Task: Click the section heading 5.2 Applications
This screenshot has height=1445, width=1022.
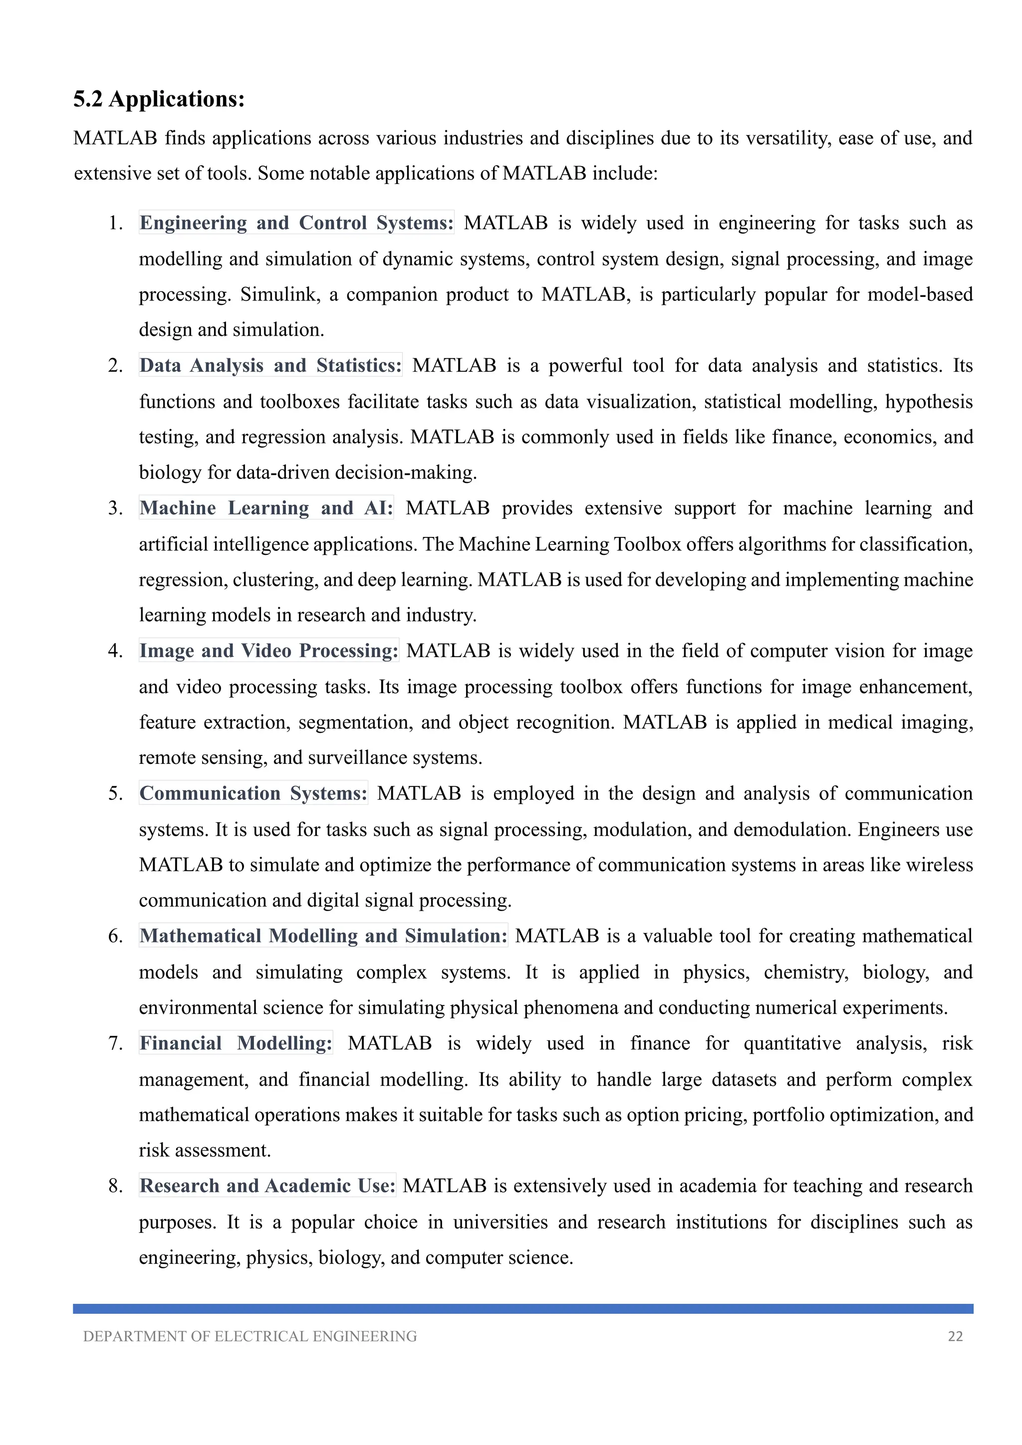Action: coord(159,99)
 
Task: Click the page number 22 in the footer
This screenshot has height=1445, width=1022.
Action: coord(955,1336)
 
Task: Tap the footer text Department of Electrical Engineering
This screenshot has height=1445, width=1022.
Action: coord(250,1336)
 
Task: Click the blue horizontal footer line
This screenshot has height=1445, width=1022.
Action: coord(522,1308)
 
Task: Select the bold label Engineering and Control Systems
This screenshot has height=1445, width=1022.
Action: coord(296,223)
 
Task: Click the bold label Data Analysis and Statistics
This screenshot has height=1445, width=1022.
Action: coord(270,366)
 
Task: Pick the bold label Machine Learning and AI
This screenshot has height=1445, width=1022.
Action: coord(265,508)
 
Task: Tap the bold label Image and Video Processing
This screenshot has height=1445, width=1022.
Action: coord(268,651)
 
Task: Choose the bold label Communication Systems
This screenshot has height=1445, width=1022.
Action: coord(253,794)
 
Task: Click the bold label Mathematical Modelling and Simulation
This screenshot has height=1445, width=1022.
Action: coord(323,936)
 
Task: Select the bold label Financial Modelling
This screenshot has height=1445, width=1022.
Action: coord(236,1043)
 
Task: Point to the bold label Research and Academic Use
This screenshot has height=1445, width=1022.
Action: coord(267,1186)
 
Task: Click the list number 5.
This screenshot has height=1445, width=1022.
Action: coord(115,794)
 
